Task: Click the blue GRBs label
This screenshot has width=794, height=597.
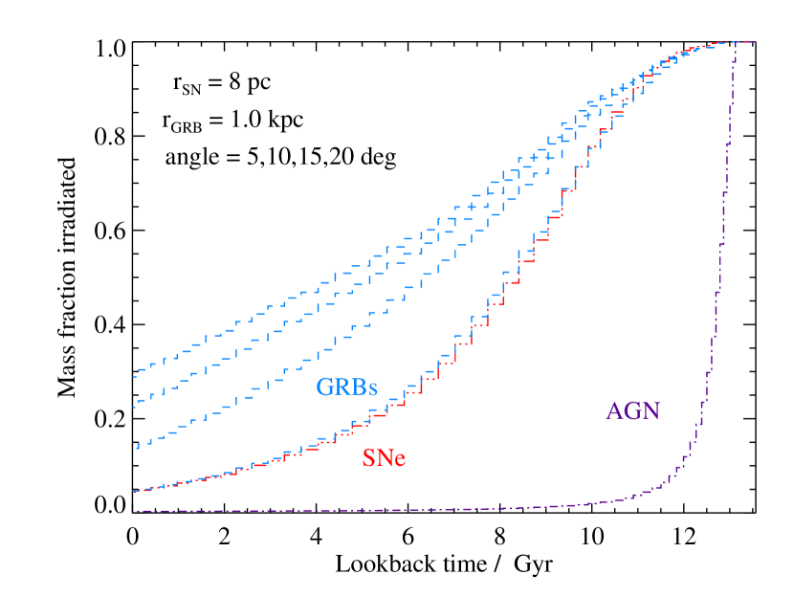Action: coord(347,387)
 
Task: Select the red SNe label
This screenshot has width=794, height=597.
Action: coord(384,458)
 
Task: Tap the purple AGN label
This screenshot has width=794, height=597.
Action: coord(633,411)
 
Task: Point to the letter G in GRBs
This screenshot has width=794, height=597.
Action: coord(326,387)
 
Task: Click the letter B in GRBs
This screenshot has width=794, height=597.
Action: coord(359,387)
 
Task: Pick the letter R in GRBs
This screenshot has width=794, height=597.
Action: coord(342,387)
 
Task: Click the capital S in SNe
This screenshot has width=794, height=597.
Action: coord(368,458)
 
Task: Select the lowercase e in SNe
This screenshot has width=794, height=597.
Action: coord(400,461)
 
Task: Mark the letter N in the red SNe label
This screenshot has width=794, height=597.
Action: coord(384,458)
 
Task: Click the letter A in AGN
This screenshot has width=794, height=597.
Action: coord(615,411)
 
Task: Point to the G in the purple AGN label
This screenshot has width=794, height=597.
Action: coord(633,411)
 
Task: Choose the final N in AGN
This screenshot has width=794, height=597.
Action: coord(651,411)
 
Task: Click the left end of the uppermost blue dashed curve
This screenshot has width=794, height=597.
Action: coord(134,369)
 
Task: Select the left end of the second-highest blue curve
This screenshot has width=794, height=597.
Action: coord(134,406)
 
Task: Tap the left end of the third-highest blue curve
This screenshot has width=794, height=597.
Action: coord(137,447)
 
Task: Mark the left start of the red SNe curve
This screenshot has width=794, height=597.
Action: coord(134,492)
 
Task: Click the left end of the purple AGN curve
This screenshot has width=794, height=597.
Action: coord(134,511)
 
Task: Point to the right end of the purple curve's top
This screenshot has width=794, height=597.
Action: coord(756,42)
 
